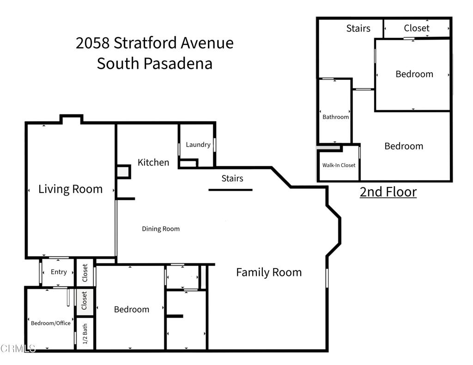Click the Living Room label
70,189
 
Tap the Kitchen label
153,162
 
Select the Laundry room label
198,144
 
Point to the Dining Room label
161,229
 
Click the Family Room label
269,272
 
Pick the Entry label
59,272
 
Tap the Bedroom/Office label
51,323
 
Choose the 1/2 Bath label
85,334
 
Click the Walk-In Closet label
339,165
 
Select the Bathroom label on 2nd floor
336,117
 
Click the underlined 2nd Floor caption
388,191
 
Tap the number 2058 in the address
92,43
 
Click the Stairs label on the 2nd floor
358,29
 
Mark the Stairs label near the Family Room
232,178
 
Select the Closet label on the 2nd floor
417,28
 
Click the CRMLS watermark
18,348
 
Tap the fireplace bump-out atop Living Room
72,120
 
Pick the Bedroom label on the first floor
132,309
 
